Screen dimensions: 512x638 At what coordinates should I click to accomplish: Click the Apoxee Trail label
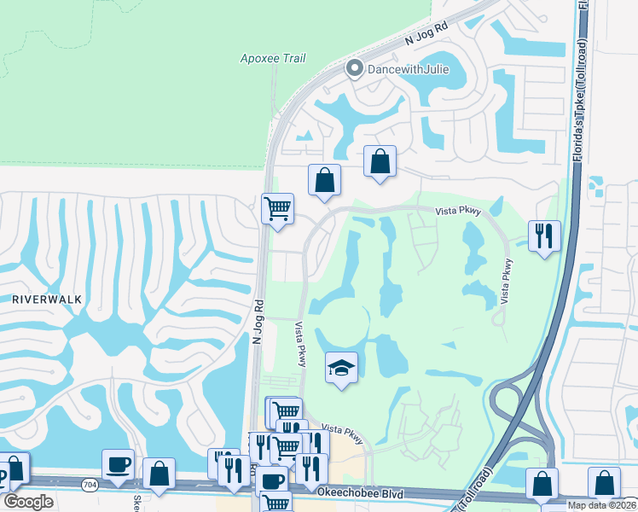pos(273,59)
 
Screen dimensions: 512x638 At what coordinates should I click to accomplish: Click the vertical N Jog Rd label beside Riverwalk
pos(257,321)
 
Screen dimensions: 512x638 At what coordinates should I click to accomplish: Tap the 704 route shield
pos(89,485)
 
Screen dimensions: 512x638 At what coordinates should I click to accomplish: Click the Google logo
pos(28,502)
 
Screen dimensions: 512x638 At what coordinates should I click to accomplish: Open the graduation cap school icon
pos(341,368)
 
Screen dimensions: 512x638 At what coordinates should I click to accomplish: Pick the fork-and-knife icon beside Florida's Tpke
pos(544,234)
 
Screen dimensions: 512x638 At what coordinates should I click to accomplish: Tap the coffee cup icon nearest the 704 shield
pos(119,464)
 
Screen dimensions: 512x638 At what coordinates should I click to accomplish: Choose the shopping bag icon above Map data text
pos(604,483)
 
